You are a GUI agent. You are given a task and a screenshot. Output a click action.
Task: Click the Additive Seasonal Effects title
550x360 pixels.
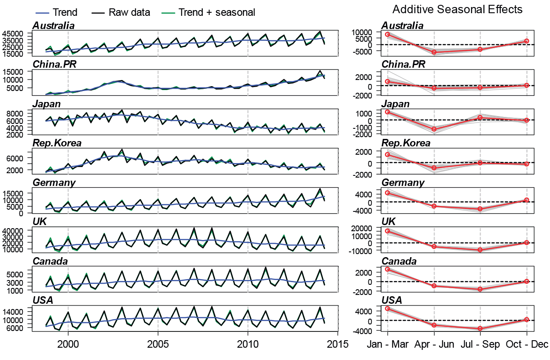457,9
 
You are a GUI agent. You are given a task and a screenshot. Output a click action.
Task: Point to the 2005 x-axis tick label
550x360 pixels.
158,344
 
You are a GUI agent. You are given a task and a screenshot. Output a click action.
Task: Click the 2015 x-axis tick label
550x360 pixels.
337,344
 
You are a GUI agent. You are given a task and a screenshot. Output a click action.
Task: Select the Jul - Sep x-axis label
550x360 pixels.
480,344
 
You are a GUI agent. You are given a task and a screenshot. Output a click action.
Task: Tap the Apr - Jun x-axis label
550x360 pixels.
434,344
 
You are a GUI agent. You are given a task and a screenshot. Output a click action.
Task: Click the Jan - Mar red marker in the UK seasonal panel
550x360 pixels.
388,231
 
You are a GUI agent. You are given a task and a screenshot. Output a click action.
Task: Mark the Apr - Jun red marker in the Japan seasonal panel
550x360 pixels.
434,129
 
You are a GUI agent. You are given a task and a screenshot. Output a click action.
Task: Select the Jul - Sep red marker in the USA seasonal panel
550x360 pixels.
480,328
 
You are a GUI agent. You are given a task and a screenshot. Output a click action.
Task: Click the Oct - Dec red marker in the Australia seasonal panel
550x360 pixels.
526,41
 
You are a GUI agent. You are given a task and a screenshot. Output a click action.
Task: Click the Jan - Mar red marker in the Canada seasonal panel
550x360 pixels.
388,269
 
